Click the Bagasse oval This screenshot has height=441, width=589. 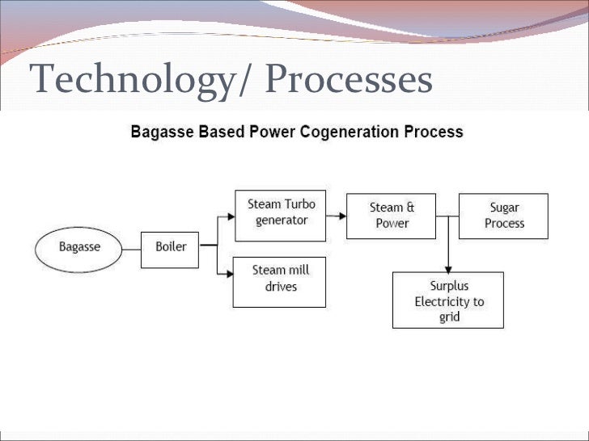pos(78,247)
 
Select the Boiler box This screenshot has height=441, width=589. pos(170,246)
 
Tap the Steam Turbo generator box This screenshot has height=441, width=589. pos(280,215)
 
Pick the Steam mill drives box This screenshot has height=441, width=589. pos(279,280)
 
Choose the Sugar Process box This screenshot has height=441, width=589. pos(503,216)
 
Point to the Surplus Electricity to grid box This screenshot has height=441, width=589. pos(448,300)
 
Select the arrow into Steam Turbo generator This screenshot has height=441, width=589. pos(227,216)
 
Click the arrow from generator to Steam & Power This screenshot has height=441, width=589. pos(337,216)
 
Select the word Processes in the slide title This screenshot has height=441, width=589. pos(349,80)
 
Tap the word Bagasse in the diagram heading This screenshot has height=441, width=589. pos(160,132)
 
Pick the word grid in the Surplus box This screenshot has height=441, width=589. pos(449,317)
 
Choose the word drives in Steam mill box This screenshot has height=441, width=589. pos(280,288)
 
